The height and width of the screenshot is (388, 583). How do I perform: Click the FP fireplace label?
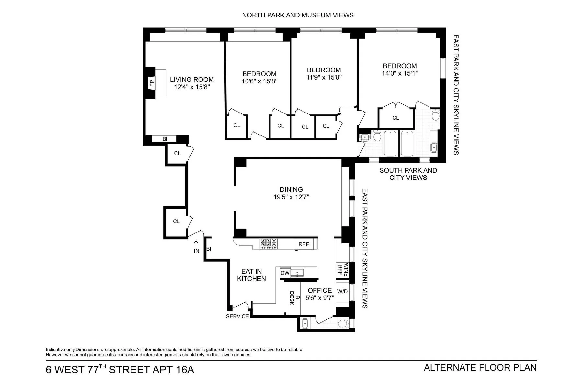[x=151, y=83]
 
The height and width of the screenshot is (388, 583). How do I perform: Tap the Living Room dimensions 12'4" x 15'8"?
[x=192, y=87]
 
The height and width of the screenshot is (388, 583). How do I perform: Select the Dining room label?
[x=291, y=189]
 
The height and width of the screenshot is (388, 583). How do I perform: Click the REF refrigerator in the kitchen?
[x=303, y=244]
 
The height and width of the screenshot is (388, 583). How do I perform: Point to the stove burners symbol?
[x=269, y=243]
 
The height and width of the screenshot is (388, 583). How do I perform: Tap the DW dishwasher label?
[x=285, y=273]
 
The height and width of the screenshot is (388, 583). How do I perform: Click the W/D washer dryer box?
[x=342, y=291]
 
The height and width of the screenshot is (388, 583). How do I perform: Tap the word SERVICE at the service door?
[x=237, y=316]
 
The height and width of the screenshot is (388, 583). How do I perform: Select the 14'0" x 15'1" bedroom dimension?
[x=400, y=73]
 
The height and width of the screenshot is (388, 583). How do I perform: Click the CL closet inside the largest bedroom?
[x=395, y=118]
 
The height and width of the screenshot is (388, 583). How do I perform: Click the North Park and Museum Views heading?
[x=298, y=15]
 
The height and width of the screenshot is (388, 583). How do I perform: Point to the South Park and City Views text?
[x=408, y=174]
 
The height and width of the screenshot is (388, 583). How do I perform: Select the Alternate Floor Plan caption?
[x=480, y=368]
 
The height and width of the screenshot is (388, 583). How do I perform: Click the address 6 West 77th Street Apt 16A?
[x=120, y=370]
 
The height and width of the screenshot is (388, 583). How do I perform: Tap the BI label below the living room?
[x=165, y=139]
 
